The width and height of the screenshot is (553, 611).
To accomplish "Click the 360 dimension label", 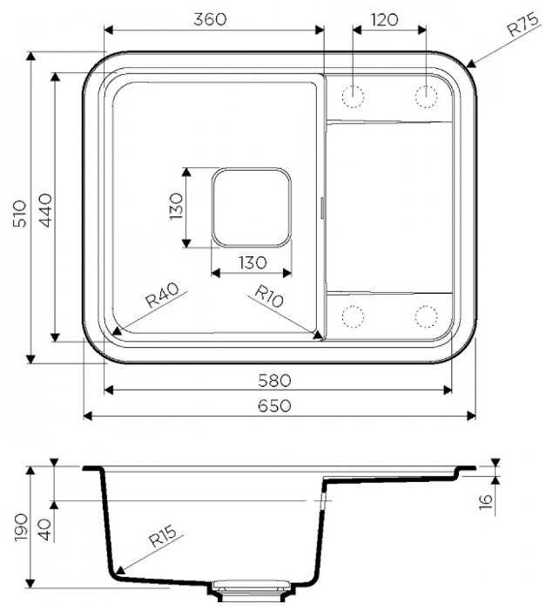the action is pos(210,19).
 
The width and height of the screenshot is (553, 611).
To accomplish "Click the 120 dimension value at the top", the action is pos(384,19).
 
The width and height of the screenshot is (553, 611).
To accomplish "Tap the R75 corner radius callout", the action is pos(524,24).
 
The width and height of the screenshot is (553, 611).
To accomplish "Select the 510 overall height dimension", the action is pos(19,214).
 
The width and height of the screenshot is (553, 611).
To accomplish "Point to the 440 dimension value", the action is pos(46,210).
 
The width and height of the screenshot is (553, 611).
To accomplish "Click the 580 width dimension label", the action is pos(274,380).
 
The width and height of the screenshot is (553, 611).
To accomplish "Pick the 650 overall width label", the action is pos(274,405).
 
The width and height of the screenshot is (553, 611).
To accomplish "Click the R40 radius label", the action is pos(162,295).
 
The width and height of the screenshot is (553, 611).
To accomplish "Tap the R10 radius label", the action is pos(269,295).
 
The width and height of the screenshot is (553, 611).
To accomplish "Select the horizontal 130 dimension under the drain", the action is pos(253,262).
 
